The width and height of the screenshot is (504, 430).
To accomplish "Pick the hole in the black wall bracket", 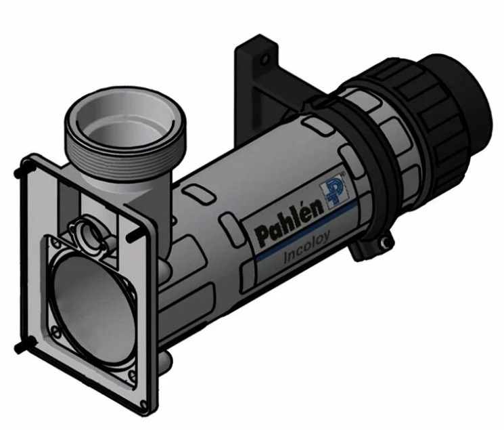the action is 265,60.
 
